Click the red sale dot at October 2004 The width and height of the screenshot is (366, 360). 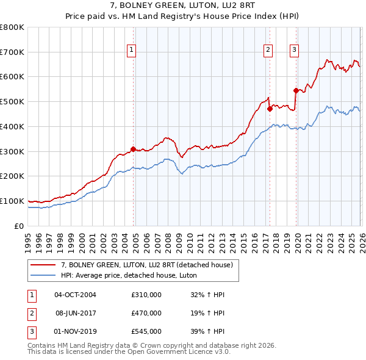click(x=133, y=148)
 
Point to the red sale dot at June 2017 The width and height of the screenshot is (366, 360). click(x=269, y=109)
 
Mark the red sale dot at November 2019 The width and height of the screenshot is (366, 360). click(x=295, y=90)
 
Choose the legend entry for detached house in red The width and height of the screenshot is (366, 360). click(x=146, y=265)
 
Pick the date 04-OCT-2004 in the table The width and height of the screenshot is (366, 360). click(x=75, y=295)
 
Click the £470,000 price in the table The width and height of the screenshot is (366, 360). click(x=146, y=313)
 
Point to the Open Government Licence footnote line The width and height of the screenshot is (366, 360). click(x=129, y=352)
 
